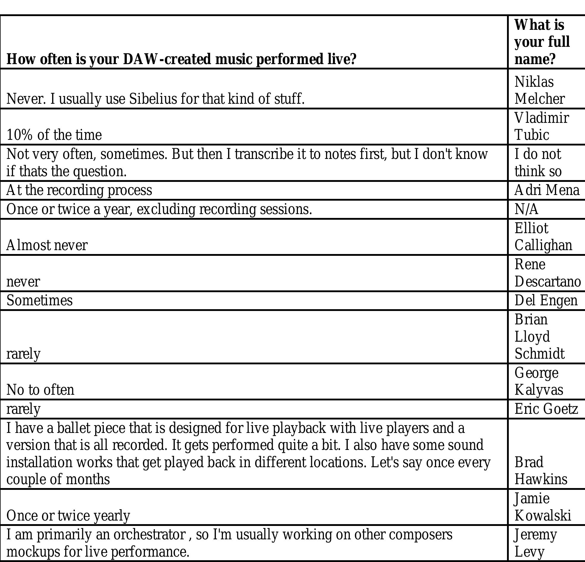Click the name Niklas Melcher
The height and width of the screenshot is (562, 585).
tap(539, 90)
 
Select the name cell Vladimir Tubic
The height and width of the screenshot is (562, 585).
tap(541, 126)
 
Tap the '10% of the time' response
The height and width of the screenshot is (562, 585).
tap(54, 135)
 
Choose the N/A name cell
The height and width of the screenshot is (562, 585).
tap(526, 209)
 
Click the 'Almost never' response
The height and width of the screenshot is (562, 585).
tap(47, 245)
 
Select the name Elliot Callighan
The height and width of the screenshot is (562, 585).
tap(543, 237)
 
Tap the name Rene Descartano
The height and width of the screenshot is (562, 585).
tap(547, 273)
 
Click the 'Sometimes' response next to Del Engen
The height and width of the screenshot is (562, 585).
tap(39, 301)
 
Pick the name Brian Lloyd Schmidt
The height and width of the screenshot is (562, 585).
tap(539, 337)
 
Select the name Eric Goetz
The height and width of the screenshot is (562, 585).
tap(546, 409)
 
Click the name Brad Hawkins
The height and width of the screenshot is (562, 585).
tap(541, 471)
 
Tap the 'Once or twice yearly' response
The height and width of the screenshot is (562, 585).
tap(68, 516)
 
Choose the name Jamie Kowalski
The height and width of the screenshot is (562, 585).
tap(542, 507)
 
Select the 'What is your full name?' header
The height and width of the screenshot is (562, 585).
tap(542, 42)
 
